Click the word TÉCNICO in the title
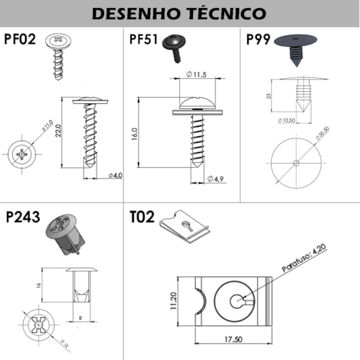click(x=224, y=13)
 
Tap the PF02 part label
click(x=20, y=39)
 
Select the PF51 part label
click(x=144, y=39)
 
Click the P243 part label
click(x=22, y=218)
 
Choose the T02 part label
click(x=142, y=218)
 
